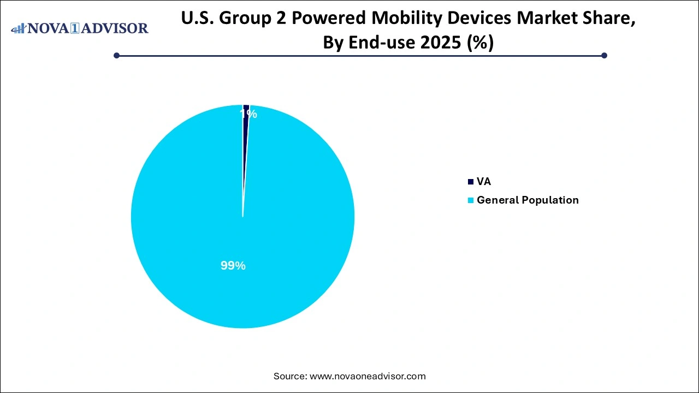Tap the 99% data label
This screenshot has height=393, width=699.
point(233,266)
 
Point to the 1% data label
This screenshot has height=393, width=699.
point(248,114)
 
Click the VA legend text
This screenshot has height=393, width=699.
point(484,182)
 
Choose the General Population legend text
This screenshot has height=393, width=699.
point(528,200)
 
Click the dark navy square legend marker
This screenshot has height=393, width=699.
point(471,182)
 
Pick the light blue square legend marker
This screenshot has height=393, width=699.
point(471,200)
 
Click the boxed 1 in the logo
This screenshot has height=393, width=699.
point(75,28)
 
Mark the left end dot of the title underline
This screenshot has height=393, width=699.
point(116,55)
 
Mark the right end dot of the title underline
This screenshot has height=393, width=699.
point(604,55)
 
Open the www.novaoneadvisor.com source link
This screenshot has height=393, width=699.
point(368,376)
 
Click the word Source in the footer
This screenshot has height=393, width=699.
point(289,376)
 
